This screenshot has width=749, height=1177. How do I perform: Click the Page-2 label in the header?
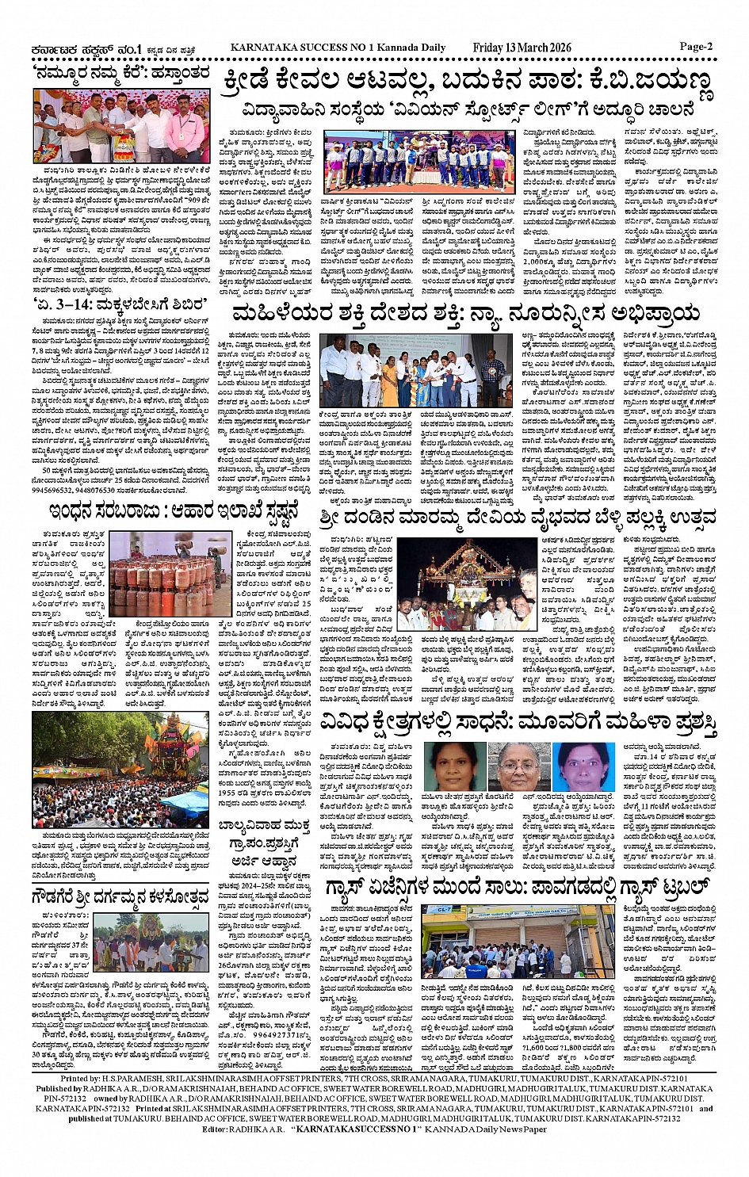click(x=696, y=47)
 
